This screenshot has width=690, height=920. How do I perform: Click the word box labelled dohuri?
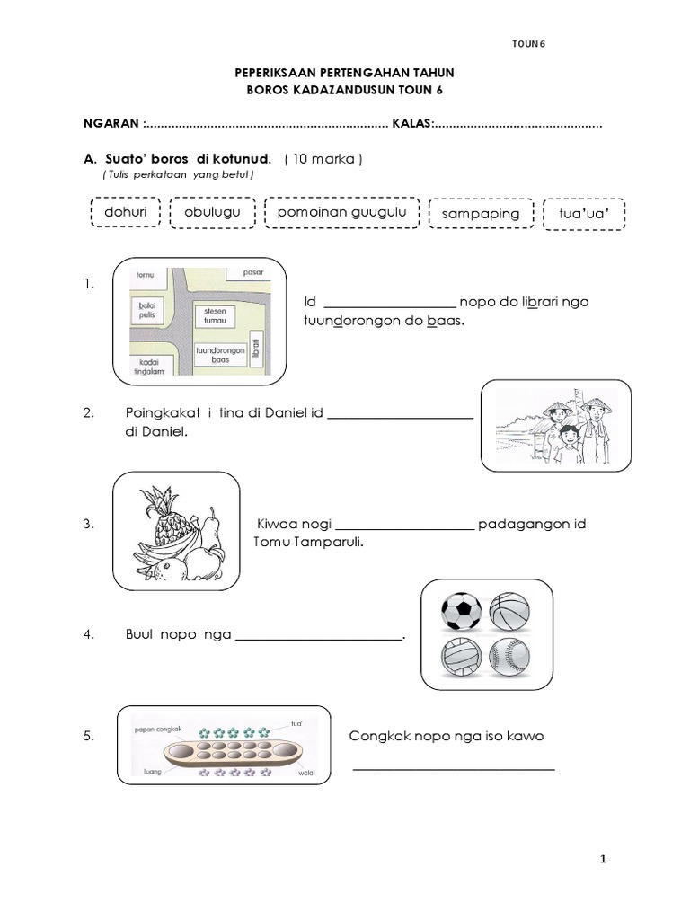click(x=125, y=214)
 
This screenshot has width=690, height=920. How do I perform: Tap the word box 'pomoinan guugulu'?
click(x=341, y=213)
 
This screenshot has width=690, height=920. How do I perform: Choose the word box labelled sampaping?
click(x=481, y=214)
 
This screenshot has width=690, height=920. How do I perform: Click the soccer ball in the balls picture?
click(x=461, y=613)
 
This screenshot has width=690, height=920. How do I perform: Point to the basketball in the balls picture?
click(x=510, y=613)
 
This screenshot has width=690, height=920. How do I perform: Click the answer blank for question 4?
click(x=319, y=638)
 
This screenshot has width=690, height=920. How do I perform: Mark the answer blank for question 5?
click(x=453, y=767)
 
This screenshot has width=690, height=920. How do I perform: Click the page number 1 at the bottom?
click(x=605, y=860)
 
